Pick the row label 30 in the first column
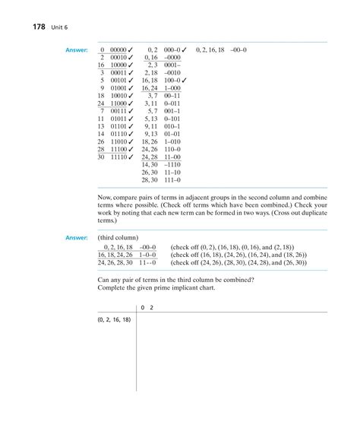click(100, 157)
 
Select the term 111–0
click(173, 180)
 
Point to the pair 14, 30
click(150, 165)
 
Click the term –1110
click(173, 165)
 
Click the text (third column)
click(118, 238)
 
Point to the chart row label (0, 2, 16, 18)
click(114, 320)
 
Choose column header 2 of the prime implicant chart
click(152, 307)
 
